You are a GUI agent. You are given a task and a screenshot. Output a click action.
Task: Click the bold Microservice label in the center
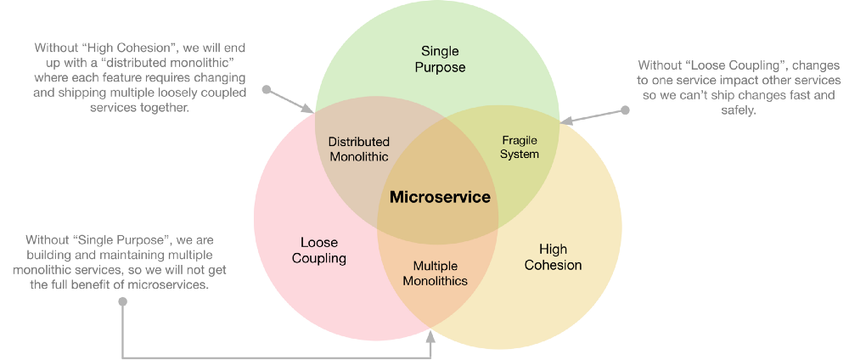coord(440,197)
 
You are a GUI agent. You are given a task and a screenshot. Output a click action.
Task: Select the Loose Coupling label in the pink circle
coord(318,250)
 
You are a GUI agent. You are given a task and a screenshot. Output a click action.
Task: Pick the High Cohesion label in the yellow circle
coord(553,256)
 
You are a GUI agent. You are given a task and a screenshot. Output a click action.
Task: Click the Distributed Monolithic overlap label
coord(358,149)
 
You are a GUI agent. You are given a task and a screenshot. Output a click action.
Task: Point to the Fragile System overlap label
coord(520,146)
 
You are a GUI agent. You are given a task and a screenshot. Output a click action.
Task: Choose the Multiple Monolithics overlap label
coord(435,273)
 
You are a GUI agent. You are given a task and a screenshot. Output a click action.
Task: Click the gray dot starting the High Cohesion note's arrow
coord(266,88)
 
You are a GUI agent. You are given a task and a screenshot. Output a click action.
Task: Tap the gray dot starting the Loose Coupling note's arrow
coord(626,110)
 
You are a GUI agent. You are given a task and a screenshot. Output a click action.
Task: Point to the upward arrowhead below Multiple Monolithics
coord(430,335)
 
